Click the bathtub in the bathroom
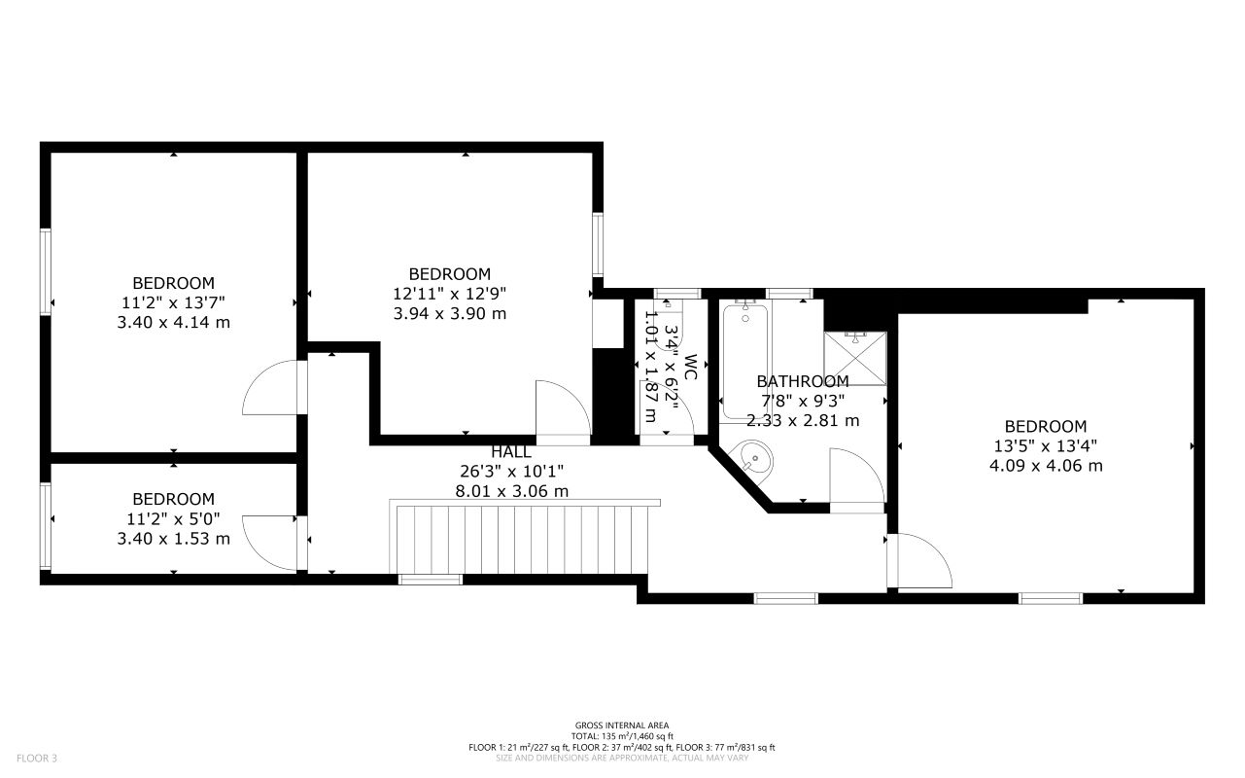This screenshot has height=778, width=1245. (x=745, y=360)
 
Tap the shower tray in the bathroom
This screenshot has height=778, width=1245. (x=855, y=358)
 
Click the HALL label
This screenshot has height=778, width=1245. (x=511, y=452)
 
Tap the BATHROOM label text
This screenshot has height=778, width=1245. (x=803, y=381)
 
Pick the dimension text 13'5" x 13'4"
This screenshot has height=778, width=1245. (x=1046, y=445)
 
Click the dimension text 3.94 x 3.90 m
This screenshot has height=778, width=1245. (x=450, y=313)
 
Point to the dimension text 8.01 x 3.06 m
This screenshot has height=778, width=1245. (x=511, y=491)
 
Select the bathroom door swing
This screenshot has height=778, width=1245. (x=856, y=477)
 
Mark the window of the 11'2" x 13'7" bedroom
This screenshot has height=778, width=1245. (x=45, y=271)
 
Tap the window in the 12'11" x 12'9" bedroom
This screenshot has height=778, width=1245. (x=599, y=243)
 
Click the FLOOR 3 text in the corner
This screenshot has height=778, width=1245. (x=37, y=757)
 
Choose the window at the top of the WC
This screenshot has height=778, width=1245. (x=677, y=294)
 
